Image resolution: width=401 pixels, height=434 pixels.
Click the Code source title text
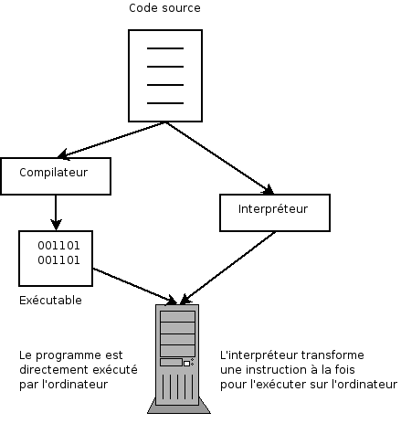[164, 8]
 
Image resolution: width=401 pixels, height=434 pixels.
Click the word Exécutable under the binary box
[50, 301]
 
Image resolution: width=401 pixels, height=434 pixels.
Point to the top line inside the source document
[165, 48]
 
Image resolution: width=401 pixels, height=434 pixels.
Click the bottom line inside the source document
[165, 103]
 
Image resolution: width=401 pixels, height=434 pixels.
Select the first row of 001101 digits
[58, 246]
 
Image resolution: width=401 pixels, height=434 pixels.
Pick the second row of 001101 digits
[58, 260]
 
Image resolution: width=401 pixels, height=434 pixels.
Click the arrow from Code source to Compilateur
[111, 140]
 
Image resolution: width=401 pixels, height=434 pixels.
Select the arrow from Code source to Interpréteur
[219, 158]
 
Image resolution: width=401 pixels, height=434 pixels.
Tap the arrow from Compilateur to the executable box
[56, 213]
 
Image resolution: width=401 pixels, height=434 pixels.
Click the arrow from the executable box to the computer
[135, 286]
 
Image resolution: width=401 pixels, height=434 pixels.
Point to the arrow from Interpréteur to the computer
[228, 268]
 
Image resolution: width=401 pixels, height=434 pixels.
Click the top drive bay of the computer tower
[178, 316]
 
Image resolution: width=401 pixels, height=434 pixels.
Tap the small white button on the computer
[186, 364]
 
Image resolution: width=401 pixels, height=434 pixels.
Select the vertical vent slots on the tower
[178, 386]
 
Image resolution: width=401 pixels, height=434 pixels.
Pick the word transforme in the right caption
[332, 355]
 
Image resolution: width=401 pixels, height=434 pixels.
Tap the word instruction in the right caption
[276, 370]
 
